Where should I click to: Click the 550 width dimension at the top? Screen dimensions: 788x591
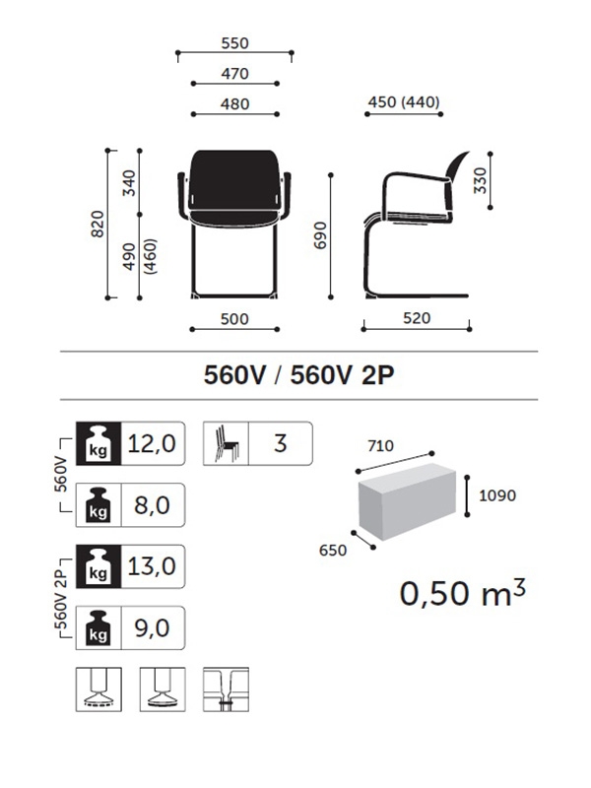(x=234, y=43)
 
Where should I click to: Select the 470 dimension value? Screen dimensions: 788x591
(x=234, y=74)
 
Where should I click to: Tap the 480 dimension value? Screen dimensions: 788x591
(x=234, y=104)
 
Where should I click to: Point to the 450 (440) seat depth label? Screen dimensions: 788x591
(x=403, y=102)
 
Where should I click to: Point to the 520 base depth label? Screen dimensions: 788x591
(x=417, y=319)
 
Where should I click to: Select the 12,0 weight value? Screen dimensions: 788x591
(x=152, y=443)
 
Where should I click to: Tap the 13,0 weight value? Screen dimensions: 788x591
(x=152, y=566)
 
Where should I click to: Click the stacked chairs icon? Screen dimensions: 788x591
(x=224, y=443)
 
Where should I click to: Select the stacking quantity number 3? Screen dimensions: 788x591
(x=280, y=443)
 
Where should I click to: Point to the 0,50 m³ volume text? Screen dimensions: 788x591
(x=462, y=594)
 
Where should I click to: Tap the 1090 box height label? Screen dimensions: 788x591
(x=498, y=496)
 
